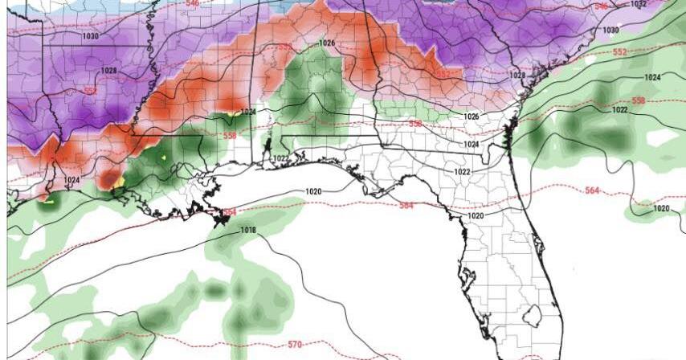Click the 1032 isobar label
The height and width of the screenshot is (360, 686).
click(x=639, y=4)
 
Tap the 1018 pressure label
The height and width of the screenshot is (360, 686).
click(x=248, y=231)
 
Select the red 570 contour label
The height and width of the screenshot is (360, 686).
click(x=295, y=345)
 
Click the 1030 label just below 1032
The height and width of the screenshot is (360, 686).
click(x=611, y=31)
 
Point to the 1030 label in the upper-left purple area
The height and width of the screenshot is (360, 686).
click(x=90, y=36)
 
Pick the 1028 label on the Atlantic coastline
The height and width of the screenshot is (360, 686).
click(x=517, y=76)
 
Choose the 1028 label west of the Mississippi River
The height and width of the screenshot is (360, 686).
click(x=109, y=72)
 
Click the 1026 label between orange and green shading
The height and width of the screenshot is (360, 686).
click(x=326, y=43)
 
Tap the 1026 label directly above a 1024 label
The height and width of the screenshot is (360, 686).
click(x=472, y=117)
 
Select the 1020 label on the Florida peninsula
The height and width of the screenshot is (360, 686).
click(x=476, y=215)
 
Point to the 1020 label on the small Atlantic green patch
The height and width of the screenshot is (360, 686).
click(x=661, y=208)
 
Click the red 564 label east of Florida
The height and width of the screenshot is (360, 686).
click(x=593, y=190)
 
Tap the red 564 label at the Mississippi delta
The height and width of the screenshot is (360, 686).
click(x=230, y=212)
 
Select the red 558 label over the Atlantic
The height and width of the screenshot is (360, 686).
click(x=639, y=100)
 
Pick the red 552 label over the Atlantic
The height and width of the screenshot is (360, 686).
click(x=619, y=52)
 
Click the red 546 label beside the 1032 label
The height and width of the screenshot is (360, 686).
click(x=601, y=6)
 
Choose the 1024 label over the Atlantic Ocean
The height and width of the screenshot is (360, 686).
click(x=651, y=77)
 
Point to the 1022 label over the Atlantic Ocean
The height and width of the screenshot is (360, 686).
click(x=620, y=109)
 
